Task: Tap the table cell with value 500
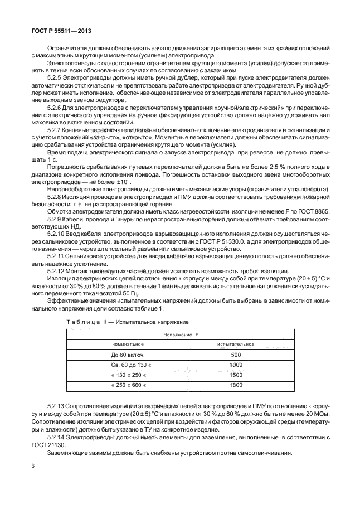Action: point(236,355)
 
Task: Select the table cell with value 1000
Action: point(236,365)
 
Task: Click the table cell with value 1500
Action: point(236,375)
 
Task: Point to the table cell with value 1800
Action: point(236,385)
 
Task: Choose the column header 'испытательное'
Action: point(236,344)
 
